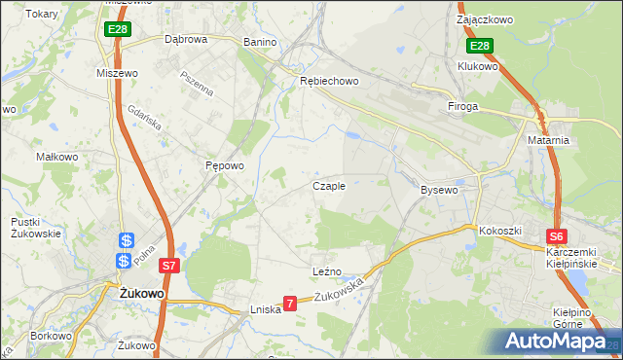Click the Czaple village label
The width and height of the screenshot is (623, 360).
[328, 186]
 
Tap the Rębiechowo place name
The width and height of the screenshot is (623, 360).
[329, 82]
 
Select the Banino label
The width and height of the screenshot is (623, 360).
[260, 43]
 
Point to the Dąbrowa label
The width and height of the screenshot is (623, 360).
[186, 40]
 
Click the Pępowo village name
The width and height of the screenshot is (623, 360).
[224, 165]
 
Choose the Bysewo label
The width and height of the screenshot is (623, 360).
[438, 190]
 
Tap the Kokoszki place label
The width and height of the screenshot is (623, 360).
[500, 231]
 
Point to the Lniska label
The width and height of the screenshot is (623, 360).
[266, 308]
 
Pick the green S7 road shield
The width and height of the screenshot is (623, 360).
[169, 265]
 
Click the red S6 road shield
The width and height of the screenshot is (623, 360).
[556, 236]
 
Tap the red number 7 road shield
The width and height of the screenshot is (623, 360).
[289, 304]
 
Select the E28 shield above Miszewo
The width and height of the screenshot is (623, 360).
[118, 30]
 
